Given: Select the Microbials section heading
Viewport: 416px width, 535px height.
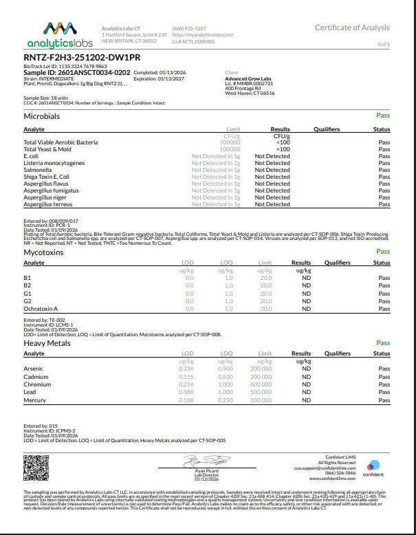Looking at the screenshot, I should (42, 116).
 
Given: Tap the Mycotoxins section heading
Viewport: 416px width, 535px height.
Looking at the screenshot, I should (44, 252).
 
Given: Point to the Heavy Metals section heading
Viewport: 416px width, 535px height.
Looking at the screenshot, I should (47, 343).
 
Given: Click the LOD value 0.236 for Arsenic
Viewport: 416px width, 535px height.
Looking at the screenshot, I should (186, 369).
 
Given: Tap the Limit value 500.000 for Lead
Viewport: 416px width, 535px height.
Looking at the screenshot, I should (261, 393).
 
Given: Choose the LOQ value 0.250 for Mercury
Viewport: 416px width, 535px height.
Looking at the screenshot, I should (225, 400).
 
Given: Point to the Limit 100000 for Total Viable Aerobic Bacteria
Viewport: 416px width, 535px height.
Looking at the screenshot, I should (229, 142).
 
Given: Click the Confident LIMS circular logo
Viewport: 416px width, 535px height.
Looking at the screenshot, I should (373, 465).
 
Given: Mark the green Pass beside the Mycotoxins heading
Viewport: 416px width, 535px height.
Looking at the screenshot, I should (383, 252).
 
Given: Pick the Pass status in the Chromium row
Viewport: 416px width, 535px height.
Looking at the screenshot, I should (384, 384).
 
